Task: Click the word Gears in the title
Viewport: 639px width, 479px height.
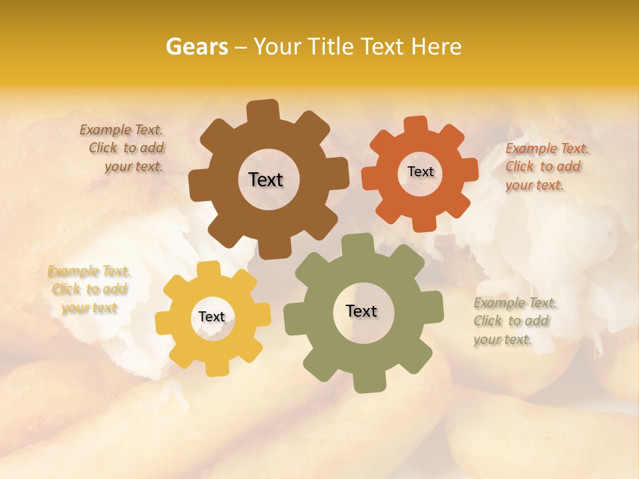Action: pyautogui.click(x=196, y=47)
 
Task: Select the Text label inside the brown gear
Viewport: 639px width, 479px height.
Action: pyautogui.click(x=266, y=180)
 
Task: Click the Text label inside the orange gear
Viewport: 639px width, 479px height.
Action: pyautogui.click(x=420, y=172)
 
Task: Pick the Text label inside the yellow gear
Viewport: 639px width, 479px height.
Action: pyautogui.click(x=212, y=317)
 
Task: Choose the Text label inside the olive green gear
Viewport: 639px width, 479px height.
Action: pyautogui.click(x=361, y=311)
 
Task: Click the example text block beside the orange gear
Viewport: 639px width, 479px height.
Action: pyautogui.click(x=546, y=167)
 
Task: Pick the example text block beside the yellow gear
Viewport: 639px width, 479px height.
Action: pyautogui.click(x=89, y=289)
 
